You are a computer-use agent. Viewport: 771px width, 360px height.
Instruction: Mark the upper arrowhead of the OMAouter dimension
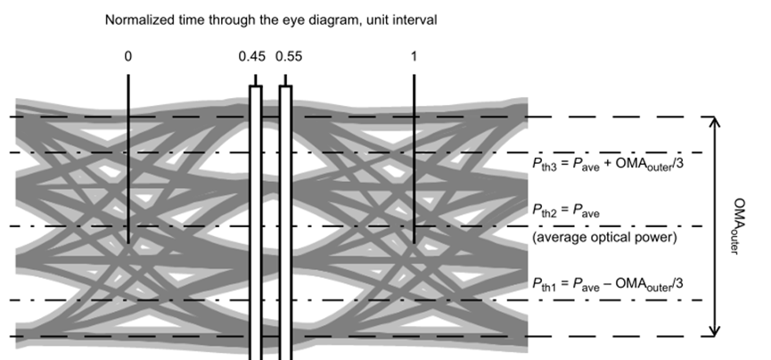(x=713, y=123)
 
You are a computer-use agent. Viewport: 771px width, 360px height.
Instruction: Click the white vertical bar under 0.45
(x=256, y=223)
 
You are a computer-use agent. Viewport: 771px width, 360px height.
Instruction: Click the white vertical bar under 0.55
(x=286, y=223)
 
